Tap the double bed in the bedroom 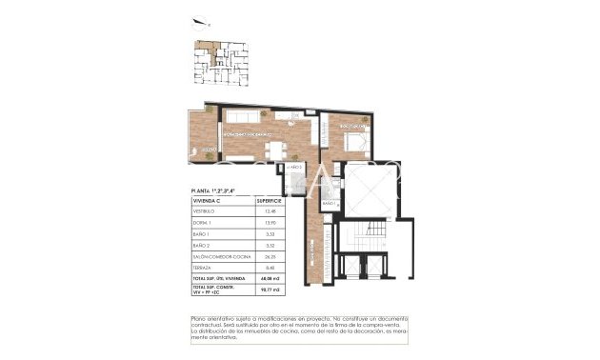pyautogui.click(x=354, y=143)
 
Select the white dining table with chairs pyautogui.click(x=277, y=150)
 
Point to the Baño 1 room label pyautogui.click(x=330, y=204)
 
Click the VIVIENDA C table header pyautogui.click(x=210, y=202)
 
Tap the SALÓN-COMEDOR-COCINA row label pyautogui.click(x=219, y=255)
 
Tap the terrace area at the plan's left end pyautogui.click(x=202, y=133)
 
